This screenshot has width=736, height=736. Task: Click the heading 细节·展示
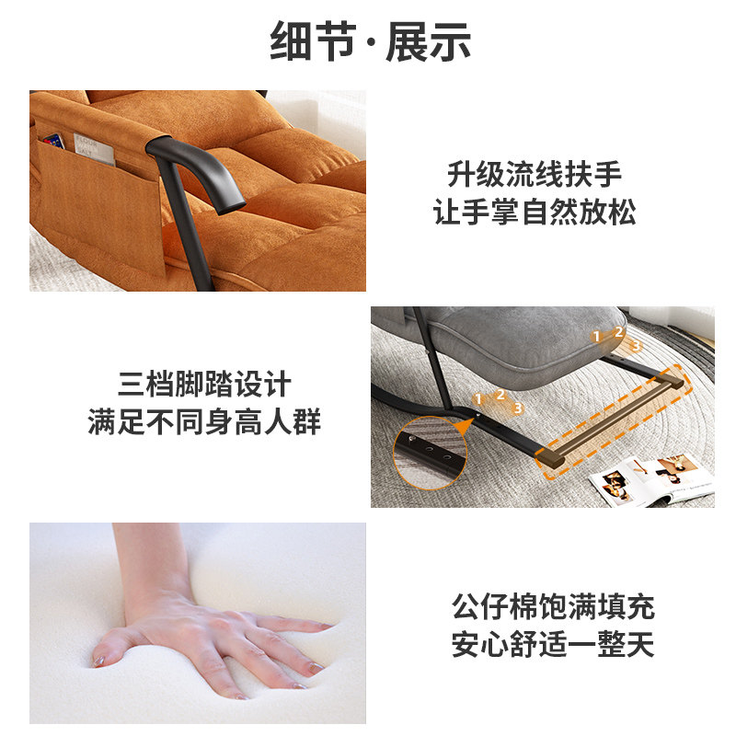tap(371, 42)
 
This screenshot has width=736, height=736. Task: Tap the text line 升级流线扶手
tap(535, 174)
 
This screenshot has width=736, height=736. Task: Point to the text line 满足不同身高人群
tap(204, 423)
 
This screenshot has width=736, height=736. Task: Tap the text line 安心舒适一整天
tap(553, 645)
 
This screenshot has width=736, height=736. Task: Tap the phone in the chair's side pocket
tap(53, 142)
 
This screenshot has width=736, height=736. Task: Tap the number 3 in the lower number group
tap(518, 408)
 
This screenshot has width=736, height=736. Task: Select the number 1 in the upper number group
tap(595, 337)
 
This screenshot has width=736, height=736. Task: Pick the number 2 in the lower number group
tap(500, 396)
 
